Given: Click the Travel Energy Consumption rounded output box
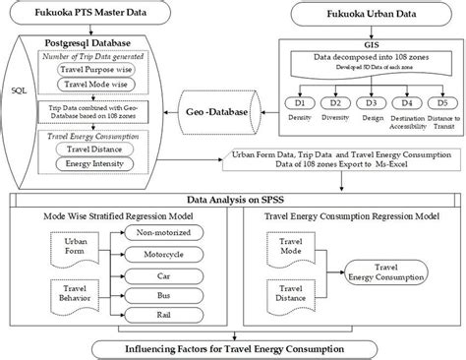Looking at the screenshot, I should click(x=390, y=270).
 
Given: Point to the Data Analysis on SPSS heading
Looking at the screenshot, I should click(x=234, y=199).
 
